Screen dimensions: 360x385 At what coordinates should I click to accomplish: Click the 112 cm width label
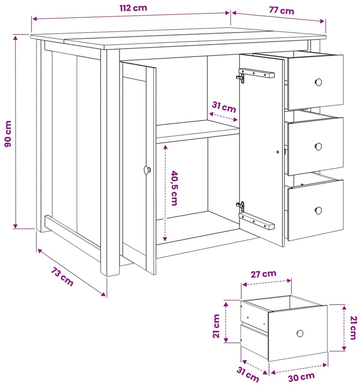133,8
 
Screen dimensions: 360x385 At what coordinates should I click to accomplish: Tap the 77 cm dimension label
282,10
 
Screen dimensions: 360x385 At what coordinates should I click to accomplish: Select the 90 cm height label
8,134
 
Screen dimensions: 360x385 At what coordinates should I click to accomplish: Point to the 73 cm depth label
62,277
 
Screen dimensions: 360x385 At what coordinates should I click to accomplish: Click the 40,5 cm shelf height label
174,188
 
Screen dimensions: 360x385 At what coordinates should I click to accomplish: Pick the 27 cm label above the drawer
263,274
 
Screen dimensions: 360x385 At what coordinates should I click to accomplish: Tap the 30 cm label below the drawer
301,377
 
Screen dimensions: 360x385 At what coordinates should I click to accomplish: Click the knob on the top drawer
318,82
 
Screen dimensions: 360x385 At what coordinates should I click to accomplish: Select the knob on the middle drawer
318,147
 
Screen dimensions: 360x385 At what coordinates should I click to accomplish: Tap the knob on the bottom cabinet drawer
318,210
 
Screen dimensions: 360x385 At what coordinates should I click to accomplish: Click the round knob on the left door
147,170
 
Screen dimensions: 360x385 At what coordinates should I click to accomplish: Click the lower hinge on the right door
241,207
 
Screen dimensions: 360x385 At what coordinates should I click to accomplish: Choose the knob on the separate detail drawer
300,333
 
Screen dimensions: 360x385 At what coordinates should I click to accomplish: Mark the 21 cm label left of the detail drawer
216,326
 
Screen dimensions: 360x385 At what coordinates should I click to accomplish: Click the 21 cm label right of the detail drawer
353,327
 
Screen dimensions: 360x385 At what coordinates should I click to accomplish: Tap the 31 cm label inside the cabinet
224,107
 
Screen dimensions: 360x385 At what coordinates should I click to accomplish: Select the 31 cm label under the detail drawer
248,374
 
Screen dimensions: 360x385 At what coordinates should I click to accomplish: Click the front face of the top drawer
315,82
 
